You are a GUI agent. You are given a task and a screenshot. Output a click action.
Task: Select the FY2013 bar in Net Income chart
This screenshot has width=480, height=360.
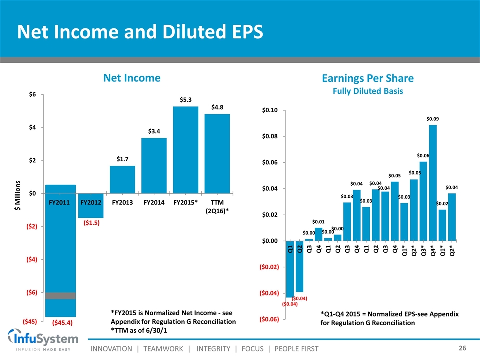tap(122, 179)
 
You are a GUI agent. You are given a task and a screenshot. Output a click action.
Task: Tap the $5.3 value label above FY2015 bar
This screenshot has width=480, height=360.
tap(186, 100)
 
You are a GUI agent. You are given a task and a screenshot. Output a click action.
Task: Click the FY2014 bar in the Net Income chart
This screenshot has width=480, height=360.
tap(154, 165)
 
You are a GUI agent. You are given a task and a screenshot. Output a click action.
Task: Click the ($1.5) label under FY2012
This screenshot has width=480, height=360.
tap(91, 223)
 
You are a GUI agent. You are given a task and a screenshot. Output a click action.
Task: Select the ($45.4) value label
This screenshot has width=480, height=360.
tap(62, 322)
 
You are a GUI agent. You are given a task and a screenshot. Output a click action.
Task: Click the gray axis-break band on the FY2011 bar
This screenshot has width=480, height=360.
tap(60, 296)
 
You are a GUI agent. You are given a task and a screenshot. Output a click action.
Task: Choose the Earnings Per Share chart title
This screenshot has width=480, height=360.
tap(368, 79)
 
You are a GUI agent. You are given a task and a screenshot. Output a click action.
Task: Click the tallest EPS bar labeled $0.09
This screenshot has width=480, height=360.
tap(433, 182)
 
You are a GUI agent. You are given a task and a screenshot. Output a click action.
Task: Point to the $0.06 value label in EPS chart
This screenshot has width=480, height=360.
tap(423, 156)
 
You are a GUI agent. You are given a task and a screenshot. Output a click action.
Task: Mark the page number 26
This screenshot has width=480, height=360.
tap(463, 347)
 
